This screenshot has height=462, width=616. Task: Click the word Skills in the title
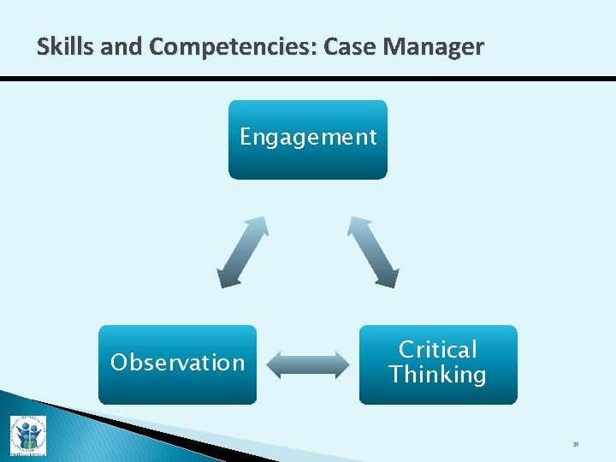point(65,47)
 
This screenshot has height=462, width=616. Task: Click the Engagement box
point(307,139)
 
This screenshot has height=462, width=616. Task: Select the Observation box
point(177,364)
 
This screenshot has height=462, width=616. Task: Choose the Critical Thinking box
point(437,364)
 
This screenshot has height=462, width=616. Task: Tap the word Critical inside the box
point(437,350)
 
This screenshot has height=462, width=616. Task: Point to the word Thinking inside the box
point(437,375)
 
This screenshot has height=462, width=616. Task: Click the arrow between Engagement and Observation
point(243,252)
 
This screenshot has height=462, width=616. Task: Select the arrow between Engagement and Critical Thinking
point(372,252)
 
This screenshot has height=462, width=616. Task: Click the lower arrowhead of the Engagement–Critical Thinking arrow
point(388,277)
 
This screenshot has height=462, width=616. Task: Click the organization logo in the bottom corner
point(27,435)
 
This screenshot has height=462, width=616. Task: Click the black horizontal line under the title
point(308,79)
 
